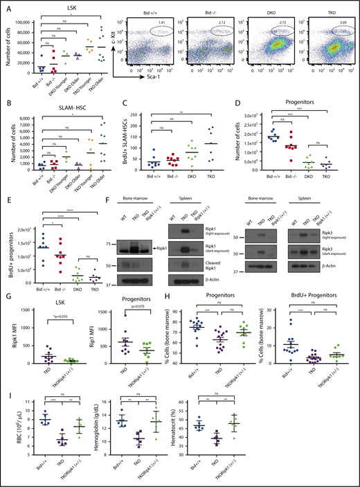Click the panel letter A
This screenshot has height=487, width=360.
pos(6,6)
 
